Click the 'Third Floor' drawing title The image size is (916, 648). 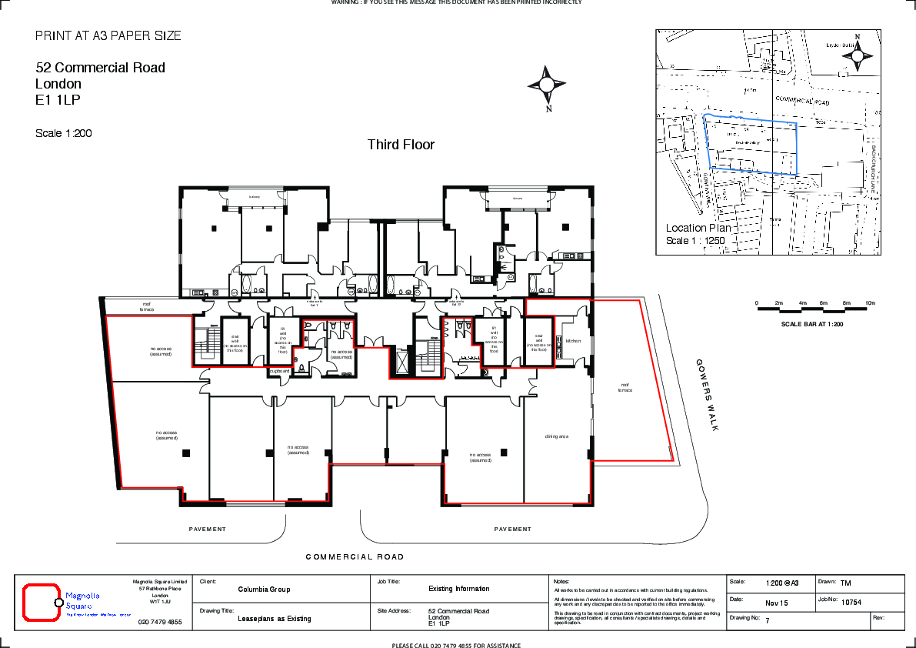click(x=401, y=145)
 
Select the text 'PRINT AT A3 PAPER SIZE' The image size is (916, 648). click(x=108, y=36)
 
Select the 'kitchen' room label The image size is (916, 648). click(x=574, y=340)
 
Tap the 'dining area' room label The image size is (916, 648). click(x=556, y=436)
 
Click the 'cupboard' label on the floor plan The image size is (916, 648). click(x=278, y=371)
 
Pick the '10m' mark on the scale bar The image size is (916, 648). click(x=870, y=303)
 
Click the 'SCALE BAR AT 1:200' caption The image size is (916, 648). click(x=812, y=324)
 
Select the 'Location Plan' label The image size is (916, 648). click(x=698, y=228)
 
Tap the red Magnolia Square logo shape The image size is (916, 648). click(x=41, y=603)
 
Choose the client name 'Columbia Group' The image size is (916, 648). click(x=264, y=590)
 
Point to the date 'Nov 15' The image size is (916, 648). click(x=777, y=603)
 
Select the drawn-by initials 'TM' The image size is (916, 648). click(x=845, y=583)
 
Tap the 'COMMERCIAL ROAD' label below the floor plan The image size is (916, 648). click(x=355, y=556)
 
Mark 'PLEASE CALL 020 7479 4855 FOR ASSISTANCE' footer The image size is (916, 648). click(x=456, y=645)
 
